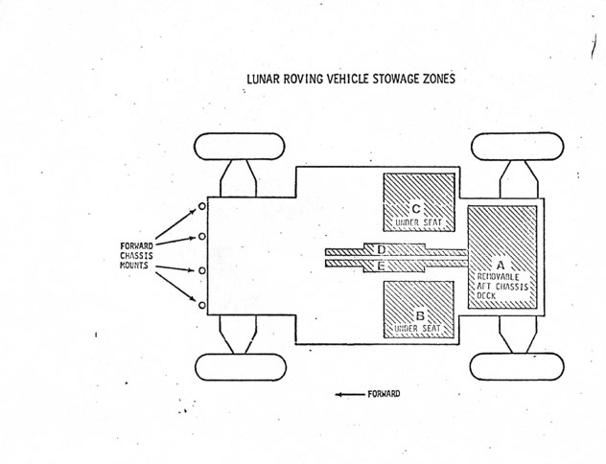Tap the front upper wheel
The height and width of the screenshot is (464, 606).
tap(239, 147)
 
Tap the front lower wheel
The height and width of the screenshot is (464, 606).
tap(239, 366)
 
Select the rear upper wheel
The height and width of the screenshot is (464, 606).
tap(517, 147)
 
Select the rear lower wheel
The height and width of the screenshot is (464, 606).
tap(517, 366)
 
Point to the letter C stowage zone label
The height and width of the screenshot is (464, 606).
tap(415, 207)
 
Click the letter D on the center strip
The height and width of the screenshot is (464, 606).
tap(382, 250)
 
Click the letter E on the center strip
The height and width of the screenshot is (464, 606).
tap(382, 264)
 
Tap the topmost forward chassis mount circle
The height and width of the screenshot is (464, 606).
tap(202, 205)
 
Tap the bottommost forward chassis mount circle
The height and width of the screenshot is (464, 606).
tap(202, 305)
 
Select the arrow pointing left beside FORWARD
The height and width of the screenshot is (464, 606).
tap(348, 394)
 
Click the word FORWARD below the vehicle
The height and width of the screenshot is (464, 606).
tap(384, 394)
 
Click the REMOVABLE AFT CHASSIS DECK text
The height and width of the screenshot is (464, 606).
tap(502, 286)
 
